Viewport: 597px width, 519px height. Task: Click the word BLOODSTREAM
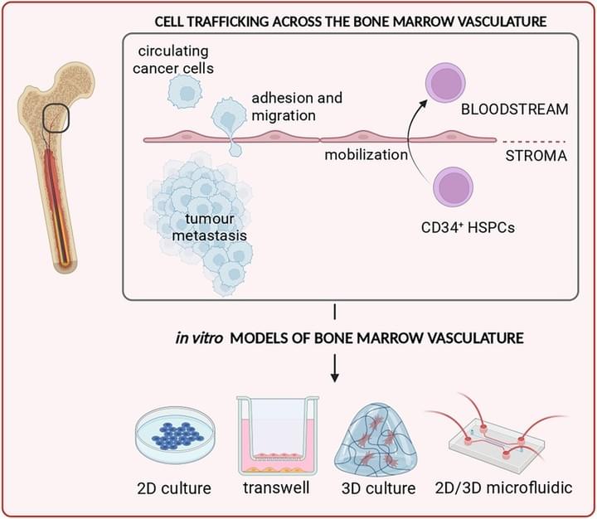pyautogui.click(x=514, y=109)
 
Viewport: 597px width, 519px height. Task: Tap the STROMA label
pyautogui.click(x=536, y=156)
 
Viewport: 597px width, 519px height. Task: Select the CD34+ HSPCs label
pyautogui.click(x=468, y=227)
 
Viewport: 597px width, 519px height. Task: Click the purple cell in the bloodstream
pyautogui.click(x=445, y=84)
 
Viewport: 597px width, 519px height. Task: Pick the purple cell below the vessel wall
pyautogui.click(x=453, y=187)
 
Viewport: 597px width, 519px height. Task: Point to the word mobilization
pyautogui.click(x=366, y=154)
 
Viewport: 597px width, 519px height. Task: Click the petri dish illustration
pyautogui.click(x=176, y=435)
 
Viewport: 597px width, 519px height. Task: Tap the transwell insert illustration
pyautogui.click(x=278, y=435)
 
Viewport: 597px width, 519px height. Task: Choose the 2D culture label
pyautogui.click(x=174, y=488)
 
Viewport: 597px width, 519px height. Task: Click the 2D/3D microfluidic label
pyautogui.click(x=504, y=487)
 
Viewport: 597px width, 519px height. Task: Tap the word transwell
pyautogui.click(x=276, y=487)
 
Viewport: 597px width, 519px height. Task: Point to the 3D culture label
pyautogui.click(x=378, y=488)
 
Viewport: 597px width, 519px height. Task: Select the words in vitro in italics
pyautogui.click(x=199, y=338)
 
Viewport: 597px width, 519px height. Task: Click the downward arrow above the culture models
pyautogui.click(x=335, y=368)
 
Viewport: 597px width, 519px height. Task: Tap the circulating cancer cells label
pyautogui.click(x=173, y=60)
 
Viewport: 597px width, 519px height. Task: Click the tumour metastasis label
pyautogui.click(x=210, y=227)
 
